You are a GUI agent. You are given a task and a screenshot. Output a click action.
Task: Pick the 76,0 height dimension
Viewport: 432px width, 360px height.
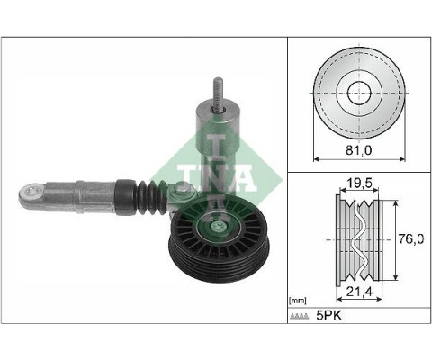tap(409, 240)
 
